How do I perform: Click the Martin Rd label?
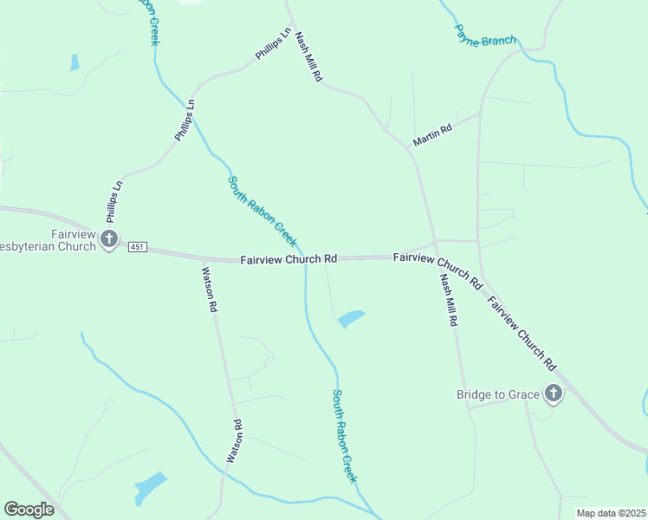click(432, 135)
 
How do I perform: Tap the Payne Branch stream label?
click(486, 35)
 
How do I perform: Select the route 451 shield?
click(136, 248)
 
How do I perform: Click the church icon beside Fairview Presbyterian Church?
click(109, 239)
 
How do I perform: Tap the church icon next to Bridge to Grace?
click(553, 394)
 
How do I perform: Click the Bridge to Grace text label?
click(498, 395)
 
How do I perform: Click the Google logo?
click(29, 510)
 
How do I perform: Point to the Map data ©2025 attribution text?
click(611, 513)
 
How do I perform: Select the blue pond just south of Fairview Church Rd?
click(350, 319)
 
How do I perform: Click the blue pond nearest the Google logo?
click(149, 488)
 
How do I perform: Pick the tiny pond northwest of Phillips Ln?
click(75, 62)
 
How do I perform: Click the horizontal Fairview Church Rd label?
click(288, 259)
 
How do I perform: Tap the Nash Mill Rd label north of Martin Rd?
click(308, 58)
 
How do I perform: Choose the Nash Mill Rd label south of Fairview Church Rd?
click(448, 300)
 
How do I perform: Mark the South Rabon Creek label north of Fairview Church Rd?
click(262, 211)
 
